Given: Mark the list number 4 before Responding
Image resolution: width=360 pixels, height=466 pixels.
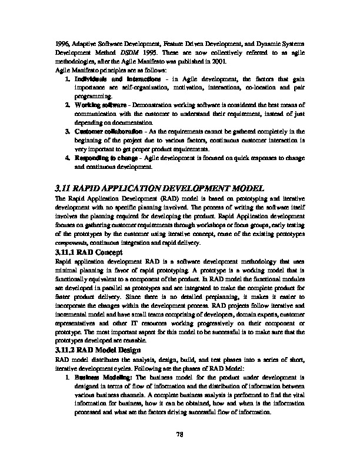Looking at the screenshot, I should pos(67,157).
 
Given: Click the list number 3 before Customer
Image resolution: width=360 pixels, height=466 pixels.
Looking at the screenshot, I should pos(67,130).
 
